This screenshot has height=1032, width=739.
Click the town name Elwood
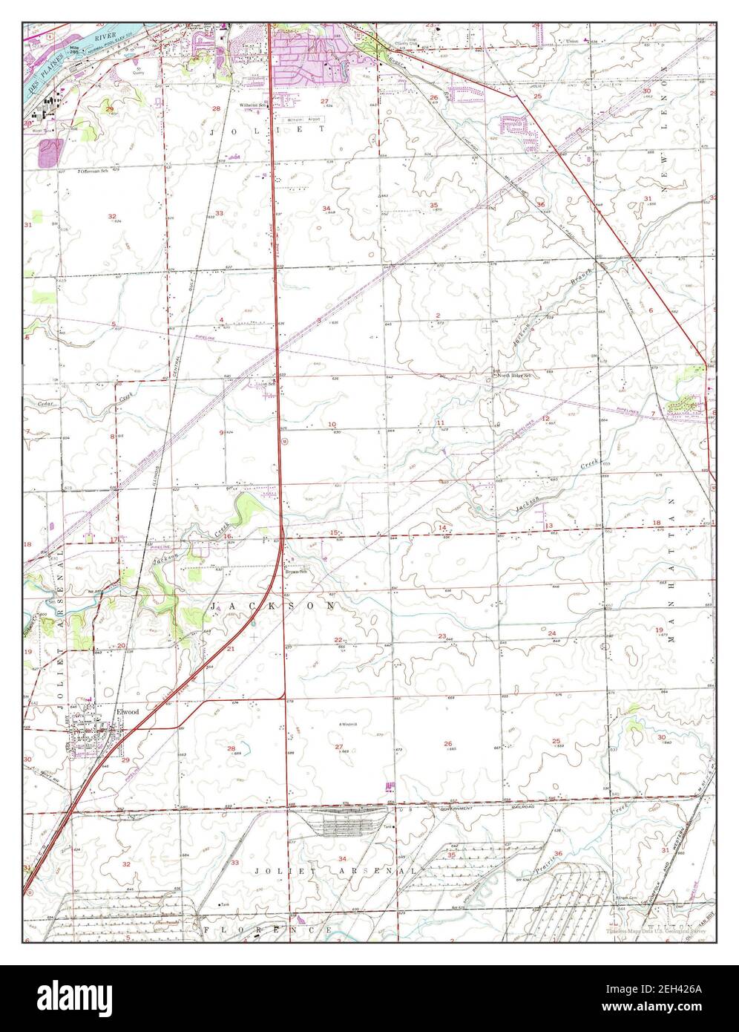tap(128, 711)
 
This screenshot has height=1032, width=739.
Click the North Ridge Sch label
tap(515, 376)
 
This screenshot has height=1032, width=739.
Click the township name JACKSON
tap(272, 607)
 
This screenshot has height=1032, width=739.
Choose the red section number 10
tap(332, 424)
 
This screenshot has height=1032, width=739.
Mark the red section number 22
tap(338, 639)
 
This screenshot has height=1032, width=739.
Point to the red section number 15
tap(334, 532)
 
